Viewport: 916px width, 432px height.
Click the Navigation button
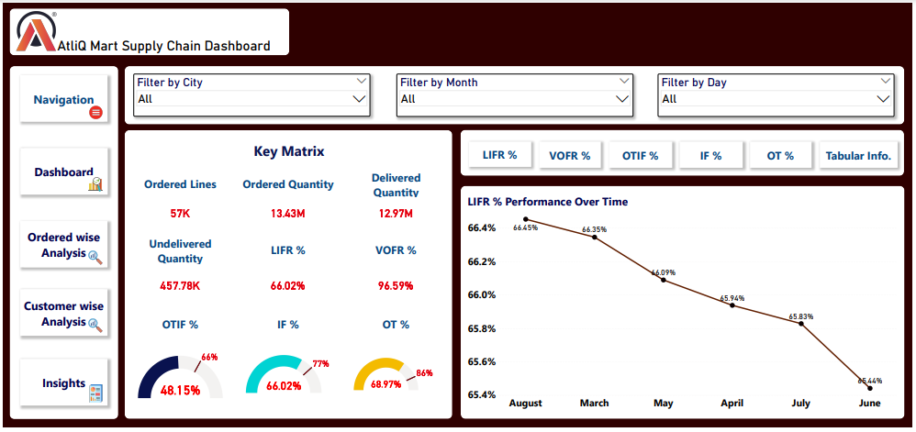64,99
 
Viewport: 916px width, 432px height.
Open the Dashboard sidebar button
64,172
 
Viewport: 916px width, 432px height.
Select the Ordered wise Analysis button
64,245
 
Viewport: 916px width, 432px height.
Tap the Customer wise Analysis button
64,314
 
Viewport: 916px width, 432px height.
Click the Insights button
64,383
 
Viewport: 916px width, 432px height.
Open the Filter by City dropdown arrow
359,99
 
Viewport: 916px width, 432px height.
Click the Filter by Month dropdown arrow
622,99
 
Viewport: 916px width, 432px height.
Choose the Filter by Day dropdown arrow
883,99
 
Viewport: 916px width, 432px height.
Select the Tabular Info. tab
857,156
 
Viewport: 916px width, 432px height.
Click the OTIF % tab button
640,156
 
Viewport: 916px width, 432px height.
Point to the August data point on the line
526,219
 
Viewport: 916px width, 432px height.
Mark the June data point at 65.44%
869,388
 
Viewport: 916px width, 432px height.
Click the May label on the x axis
663,403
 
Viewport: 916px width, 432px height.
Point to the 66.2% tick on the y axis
482,261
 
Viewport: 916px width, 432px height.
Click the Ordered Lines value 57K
180,214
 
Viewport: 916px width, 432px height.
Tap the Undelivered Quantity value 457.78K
180,285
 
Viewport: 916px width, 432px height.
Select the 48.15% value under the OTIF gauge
181,390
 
